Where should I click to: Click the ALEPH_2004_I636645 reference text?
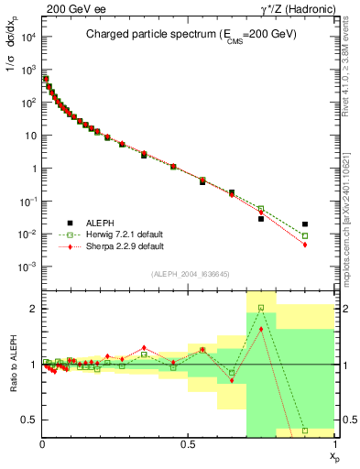[x=190, y=274]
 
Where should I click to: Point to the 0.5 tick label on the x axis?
[x=188, y=443]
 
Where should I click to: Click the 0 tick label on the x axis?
[x=42, y=443]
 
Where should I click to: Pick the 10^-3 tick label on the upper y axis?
[x=27, y=267]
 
